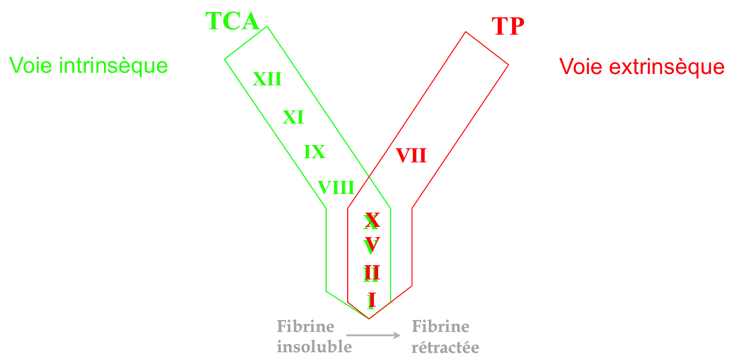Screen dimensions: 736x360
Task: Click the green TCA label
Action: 232,21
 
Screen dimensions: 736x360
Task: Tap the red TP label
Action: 508,27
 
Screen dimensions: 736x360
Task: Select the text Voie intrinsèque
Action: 88,66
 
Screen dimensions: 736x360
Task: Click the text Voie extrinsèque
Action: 642,66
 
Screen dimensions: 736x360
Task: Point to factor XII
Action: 266,79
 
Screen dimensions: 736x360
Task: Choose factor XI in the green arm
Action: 293,117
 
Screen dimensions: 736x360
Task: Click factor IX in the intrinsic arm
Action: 314,152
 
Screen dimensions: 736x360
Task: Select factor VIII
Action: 336,187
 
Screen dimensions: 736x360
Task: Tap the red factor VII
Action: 411,156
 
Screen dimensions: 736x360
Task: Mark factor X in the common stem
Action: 372,221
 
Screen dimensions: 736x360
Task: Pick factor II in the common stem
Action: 372,273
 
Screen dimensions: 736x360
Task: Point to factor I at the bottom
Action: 372,300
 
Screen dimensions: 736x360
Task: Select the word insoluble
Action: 314,346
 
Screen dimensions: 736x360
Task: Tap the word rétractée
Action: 445,347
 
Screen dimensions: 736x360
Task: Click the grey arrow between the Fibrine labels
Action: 374,336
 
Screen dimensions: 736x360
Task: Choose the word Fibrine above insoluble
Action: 305,327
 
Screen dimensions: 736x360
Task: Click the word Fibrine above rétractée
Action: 440,327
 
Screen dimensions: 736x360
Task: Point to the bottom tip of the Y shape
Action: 369,318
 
